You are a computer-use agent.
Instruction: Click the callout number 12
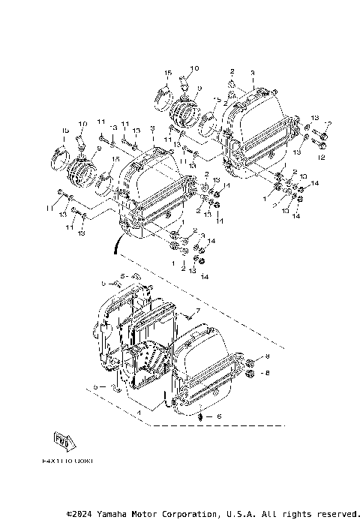pyautogui.click(x=321, y=158)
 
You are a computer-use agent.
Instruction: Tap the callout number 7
pyautogui.click(x=198, y=310)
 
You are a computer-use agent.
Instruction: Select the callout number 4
pyautogui.click(x=139, y=412)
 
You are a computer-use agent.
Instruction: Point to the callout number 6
pyautogui.click(x=219, y=415)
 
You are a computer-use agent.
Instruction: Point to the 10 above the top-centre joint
pyautogui.click(x=194, y=68)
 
